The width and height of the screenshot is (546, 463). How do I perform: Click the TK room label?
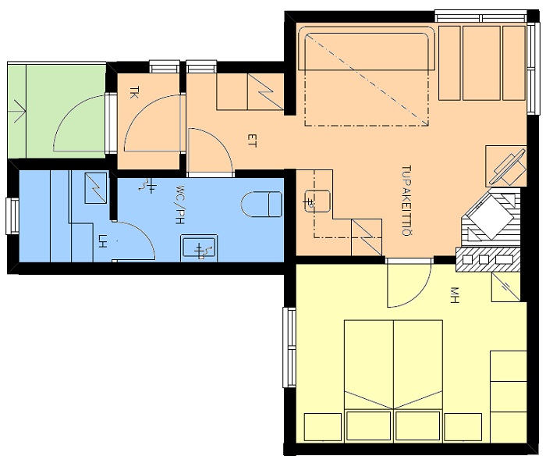tap(133, 93)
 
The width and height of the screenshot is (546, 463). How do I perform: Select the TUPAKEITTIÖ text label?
tap(406, 201)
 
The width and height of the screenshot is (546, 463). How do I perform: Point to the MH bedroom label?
tap(455, 295)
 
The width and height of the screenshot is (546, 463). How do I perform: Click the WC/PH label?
tap(179, 205)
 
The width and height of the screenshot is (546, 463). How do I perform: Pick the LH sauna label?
tap(102, 241)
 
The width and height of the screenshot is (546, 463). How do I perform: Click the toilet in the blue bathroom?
tap(261, 204)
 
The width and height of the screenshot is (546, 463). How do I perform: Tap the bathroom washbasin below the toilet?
tap(199, 248)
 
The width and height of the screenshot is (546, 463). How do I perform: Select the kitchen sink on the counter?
tap(317, 201)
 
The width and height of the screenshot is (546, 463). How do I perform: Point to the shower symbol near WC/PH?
tap(147, 185)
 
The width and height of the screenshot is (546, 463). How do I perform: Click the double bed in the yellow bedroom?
tap(393, 365)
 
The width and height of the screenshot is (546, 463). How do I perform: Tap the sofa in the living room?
tap(366, 51)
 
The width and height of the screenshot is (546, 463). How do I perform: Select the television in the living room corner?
tap(508, 167)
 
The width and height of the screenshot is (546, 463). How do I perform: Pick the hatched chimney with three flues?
tap(487, 260)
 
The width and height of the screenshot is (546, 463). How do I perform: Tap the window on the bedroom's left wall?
tap(289, 347)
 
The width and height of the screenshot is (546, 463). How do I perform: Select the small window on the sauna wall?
tap(12, 216)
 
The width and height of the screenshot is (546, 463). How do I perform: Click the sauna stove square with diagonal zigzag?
tap(96, 188)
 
